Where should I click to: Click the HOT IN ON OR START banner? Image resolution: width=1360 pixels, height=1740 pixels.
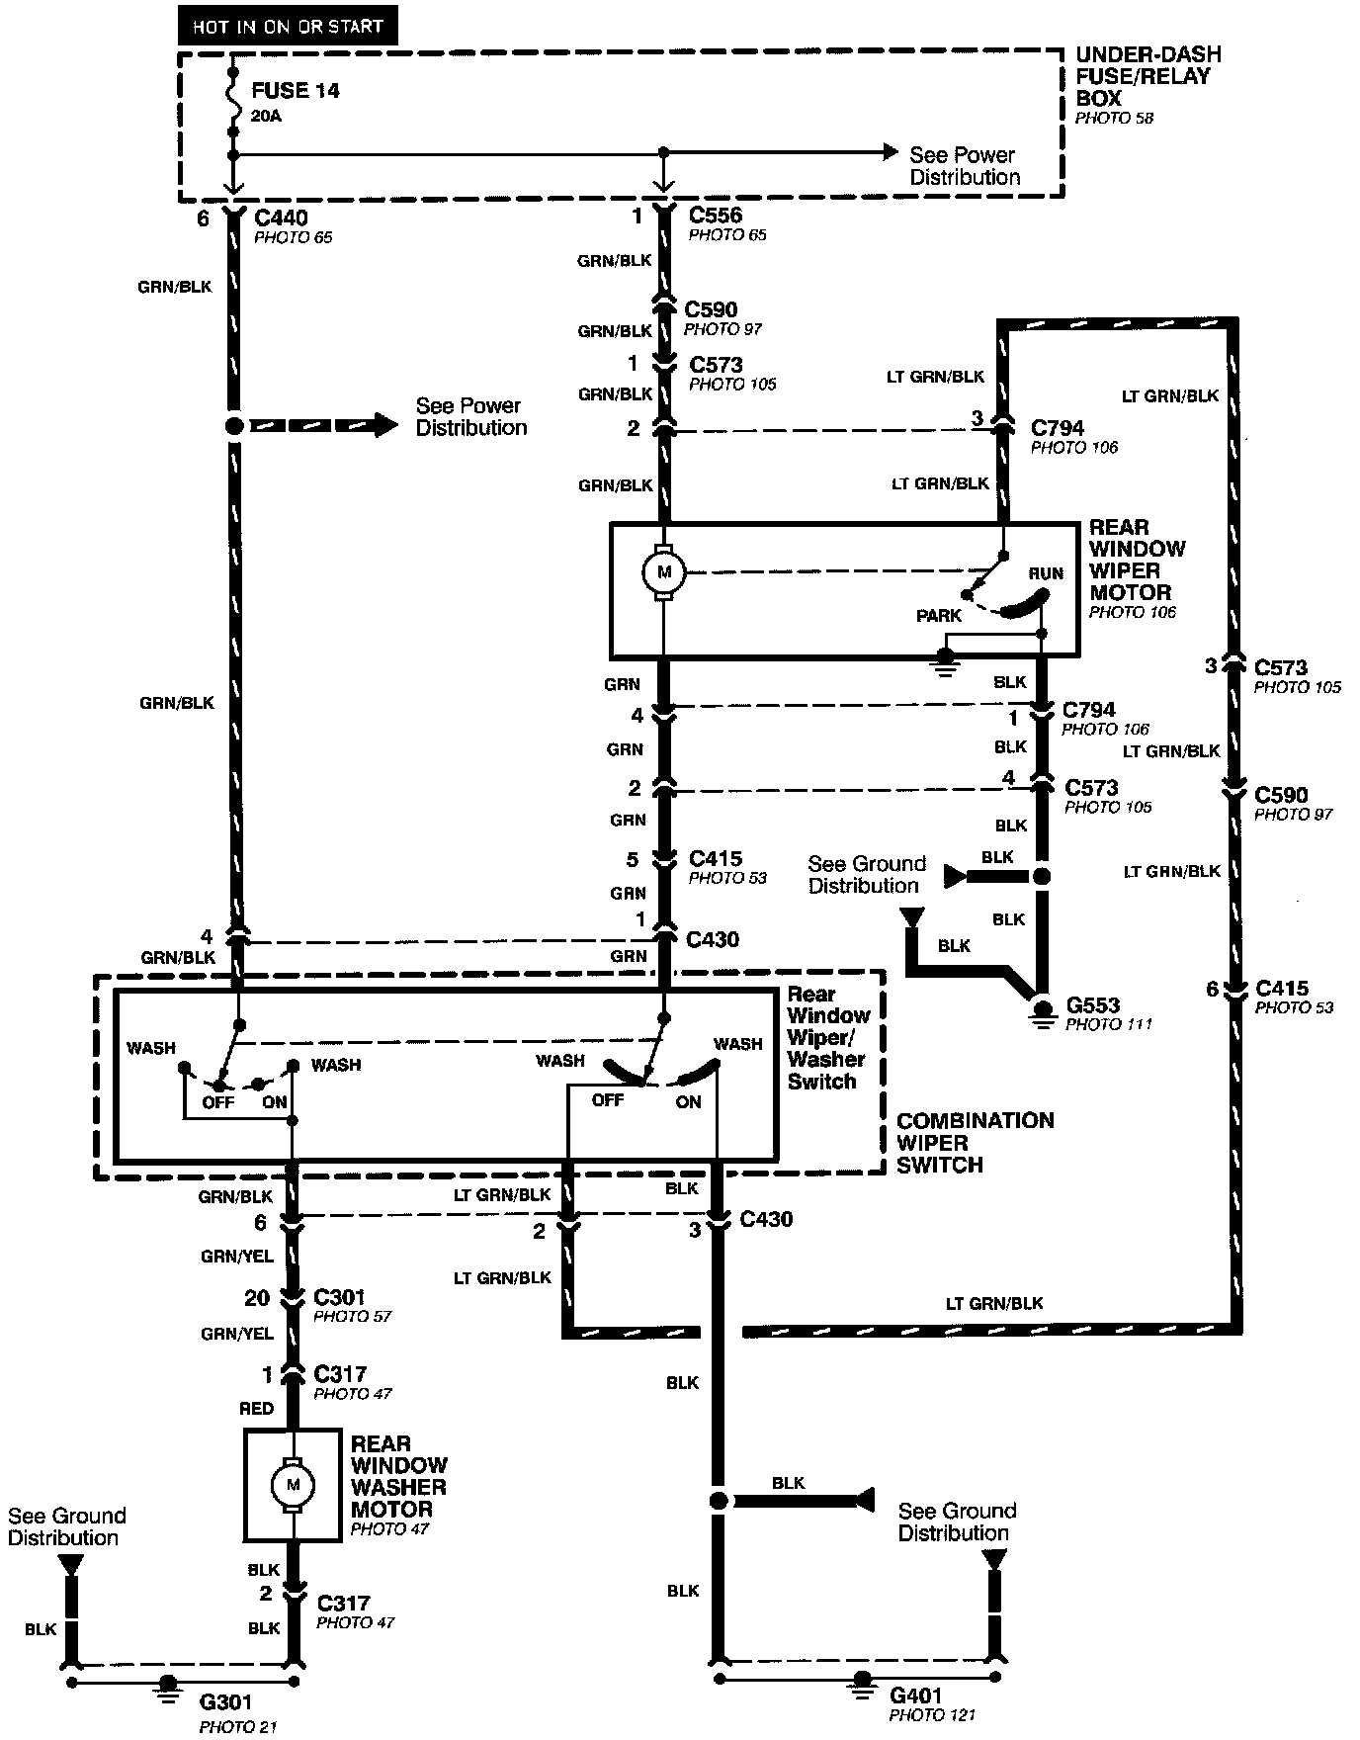(287, 27)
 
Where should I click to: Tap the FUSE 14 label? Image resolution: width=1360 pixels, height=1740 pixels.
(295, 91)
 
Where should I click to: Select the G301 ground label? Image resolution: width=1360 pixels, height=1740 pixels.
(225, 1702)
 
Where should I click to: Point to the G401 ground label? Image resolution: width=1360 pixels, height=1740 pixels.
(916, 1696)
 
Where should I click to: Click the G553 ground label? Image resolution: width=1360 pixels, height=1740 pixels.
(1092, 1005)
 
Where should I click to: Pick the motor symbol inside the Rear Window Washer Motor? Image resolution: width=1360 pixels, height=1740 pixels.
(292, 1485)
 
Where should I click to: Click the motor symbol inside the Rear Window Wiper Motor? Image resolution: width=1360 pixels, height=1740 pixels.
(664, 571)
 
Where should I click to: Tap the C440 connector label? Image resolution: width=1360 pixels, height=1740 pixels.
(281, 217)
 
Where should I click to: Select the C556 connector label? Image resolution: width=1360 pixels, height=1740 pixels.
(715, 216)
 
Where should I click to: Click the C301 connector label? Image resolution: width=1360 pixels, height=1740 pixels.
(339, 1296)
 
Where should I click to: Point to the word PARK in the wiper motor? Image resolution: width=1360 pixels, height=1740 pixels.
(938, 616)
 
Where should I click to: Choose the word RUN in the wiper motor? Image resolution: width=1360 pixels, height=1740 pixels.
(1046, 573)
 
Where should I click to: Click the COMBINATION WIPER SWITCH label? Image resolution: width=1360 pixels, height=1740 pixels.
(975, 1143)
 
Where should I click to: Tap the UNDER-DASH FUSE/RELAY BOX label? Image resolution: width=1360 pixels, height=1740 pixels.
(1147, 76)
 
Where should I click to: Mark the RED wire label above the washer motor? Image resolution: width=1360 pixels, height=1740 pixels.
(256, 1408)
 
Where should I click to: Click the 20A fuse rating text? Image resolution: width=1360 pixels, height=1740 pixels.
(265, 116)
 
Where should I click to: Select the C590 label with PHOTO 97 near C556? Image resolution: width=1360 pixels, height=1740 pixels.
(711, 309)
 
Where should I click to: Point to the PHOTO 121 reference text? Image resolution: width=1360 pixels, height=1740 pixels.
(932, 1716)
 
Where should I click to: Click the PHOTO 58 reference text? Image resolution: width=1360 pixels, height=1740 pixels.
(1114, 118)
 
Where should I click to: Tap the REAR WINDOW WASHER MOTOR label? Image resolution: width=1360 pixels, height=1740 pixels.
(398, 1476)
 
